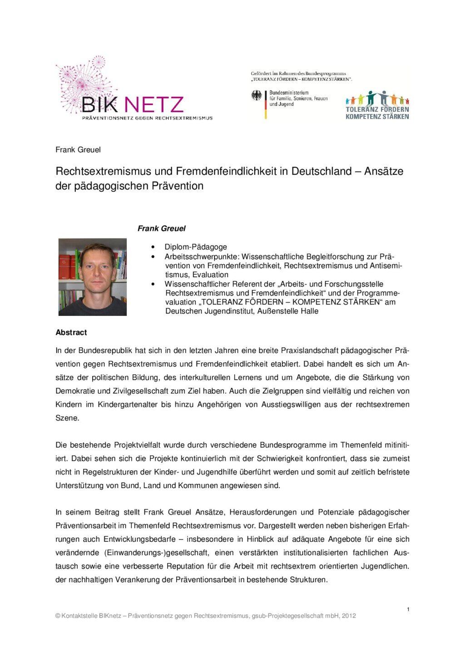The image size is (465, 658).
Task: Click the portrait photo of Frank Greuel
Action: coord(93,277)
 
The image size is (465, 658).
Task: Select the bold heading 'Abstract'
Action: coord(71,333)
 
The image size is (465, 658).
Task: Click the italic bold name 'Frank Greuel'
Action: coord(161,229)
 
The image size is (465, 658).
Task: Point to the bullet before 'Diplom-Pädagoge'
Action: coord(153,247)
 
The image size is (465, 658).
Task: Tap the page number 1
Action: coord(408,609)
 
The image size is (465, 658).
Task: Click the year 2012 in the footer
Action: coord(349,616)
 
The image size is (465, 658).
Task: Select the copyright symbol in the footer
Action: coord(58,616)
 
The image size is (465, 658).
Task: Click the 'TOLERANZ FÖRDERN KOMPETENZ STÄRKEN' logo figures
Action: coord(377,98)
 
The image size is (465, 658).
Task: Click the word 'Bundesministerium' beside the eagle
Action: coord(289,93)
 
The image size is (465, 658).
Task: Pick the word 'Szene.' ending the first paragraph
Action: coord(67,418)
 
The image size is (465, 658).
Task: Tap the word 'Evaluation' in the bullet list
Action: coord(210,275)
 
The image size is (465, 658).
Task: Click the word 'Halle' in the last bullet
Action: coord(309,311)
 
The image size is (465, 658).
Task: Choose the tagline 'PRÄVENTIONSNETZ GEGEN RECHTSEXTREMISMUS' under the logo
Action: coord(147,118)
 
